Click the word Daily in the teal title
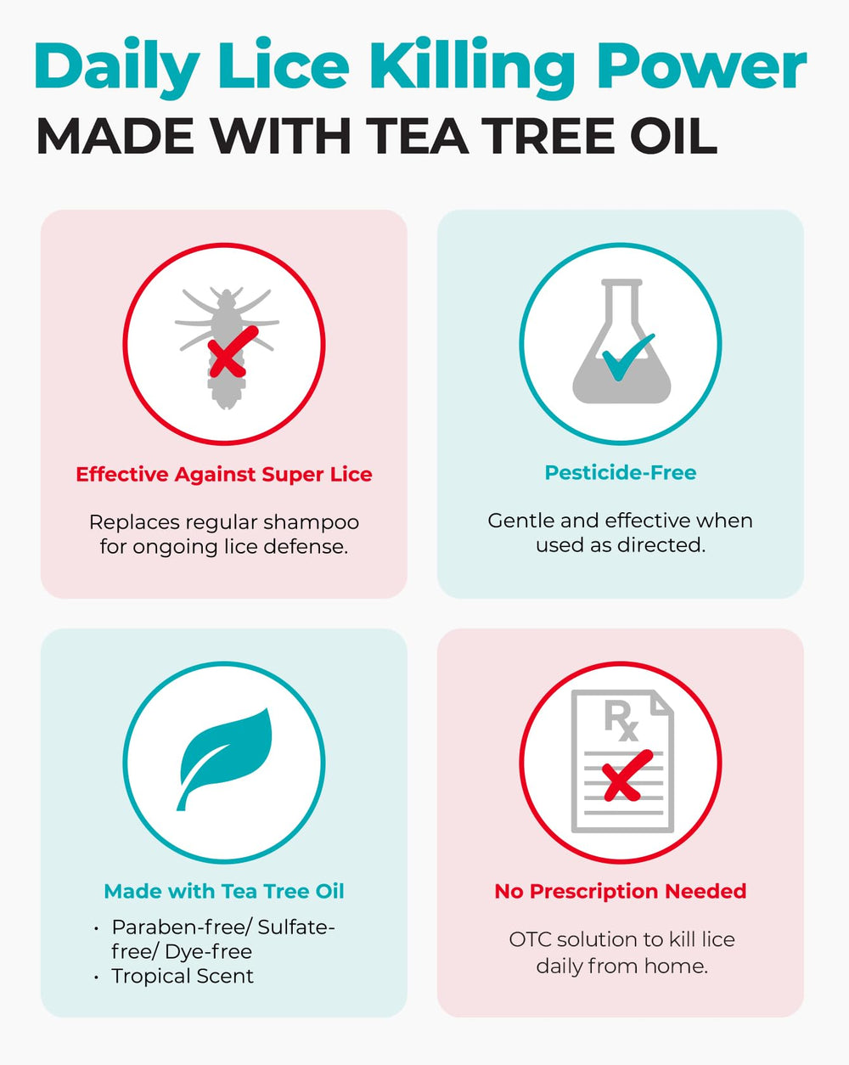coord(116,67)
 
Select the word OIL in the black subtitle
coord(673,135)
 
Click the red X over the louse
coord(232,352)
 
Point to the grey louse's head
coord(226,297)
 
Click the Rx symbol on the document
coord(621,722)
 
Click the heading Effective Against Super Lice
coord(223,475)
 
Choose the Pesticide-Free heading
coord(621,472)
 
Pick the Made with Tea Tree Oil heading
coord(223,891)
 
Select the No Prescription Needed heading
coord(621,891)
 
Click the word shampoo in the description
coord(312,523)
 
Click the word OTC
coord(531,939)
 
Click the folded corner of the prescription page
coord(663,702)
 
